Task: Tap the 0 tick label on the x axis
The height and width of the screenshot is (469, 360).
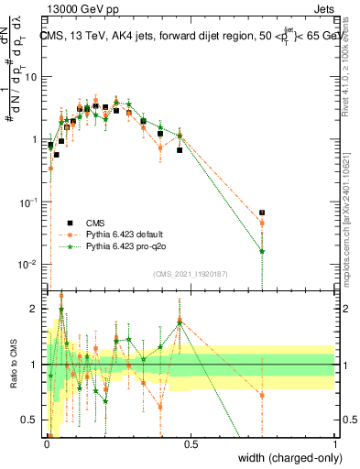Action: pos(47,444)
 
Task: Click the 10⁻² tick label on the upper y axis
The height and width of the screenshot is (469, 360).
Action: pos(29,265)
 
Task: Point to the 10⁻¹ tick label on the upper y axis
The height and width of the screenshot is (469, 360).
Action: pos(29,202)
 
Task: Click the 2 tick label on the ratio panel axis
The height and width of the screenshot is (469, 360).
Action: pos(36,309)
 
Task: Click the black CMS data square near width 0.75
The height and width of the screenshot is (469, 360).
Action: pos(262,213)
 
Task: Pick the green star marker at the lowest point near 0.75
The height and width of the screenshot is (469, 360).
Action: pos(262,251)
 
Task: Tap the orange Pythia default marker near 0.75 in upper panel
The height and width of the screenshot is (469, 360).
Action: pos(262,223)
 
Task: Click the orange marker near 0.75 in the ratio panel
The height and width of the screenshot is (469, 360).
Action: pos(262,396)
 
